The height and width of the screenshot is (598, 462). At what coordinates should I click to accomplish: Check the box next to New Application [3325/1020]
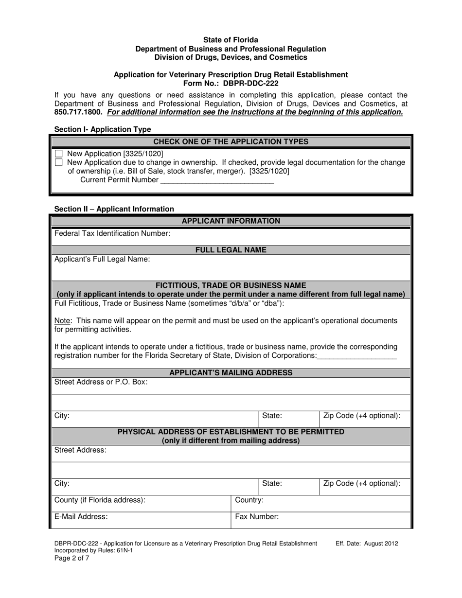(x=59, y=154)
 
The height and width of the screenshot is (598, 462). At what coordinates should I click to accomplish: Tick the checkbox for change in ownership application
(x=59, y=162)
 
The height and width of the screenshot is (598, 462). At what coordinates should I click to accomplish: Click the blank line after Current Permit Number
(x=217, y=180)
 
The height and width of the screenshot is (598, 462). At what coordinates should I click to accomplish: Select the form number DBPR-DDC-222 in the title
(x=251, y=83)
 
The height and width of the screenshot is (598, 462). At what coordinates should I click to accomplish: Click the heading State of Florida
(x=231, y=40)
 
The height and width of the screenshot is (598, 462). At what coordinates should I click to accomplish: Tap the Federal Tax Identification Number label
(x=112, y=234)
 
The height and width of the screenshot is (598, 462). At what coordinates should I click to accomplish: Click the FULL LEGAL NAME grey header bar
(x=231, y=250)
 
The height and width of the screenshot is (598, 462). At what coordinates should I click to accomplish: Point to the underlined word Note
(x=63, y=321)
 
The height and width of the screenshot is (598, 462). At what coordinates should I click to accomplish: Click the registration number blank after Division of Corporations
(x=357, y=356)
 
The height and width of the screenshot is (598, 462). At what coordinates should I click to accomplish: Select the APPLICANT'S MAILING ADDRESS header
(x=231, y=373)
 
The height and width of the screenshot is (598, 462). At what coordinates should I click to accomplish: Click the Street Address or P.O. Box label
(x=101, y=382)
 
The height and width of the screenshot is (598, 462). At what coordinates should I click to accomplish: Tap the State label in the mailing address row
(x=272, y=416)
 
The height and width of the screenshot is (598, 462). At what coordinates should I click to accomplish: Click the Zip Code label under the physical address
(x=361, y=484)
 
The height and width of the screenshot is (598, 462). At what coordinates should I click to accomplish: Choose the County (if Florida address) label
(x=100, y=500)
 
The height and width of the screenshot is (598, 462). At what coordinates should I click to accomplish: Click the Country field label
(x=249, y=500)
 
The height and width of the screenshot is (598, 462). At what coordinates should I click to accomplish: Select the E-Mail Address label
(x=81, y=517)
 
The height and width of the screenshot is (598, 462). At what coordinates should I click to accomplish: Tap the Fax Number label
(x=257, y=517)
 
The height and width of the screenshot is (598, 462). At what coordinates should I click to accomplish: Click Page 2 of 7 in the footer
(x=71, y=558)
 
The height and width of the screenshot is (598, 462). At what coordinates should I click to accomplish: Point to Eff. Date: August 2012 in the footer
(x=367, y=544)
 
